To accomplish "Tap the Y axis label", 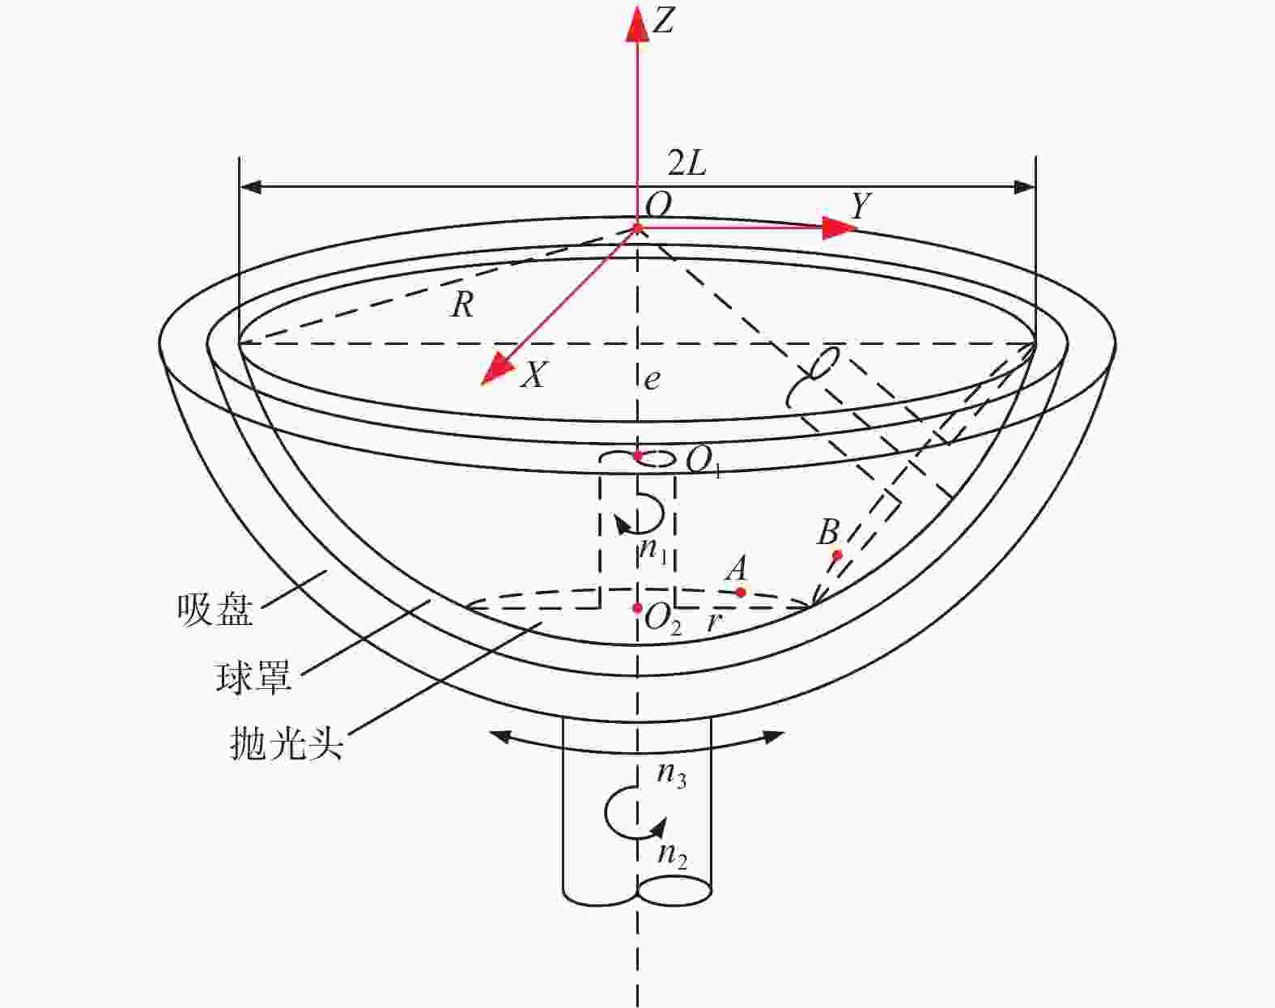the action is click(x=861, y=206).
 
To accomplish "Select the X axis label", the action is click(x=533, y=375).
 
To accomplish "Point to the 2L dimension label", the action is click(x=686, y=163).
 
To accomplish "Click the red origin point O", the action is click(x=638, y=228).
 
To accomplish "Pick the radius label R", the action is click(x=463, y=305).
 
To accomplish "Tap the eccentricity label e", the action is click(x=652, y=379).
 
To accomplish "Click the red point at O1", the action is click(x=638, y=457).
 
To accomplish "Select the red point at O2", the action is click(x=638, y=608).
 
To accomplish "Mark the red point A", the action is click(x=741, y=592).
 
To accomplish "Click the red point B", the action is click(x=836, y=555).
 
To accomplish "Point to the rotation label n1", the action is click(x=654, y=551).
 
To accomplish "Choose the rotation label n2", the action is click(x=673, y=855).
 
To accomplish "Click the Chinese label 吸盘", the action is click(x=215, y=610).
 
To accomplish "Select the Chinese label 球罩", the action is click(x=253, y=677).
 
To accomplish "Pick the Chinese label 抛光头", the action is click(x=287, y=743).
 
